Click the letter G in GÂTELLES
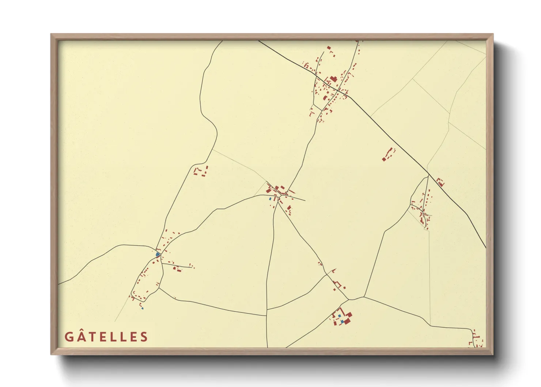point(69,337)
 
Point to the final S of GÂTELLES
point(144,337)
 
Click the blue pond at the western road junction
point(158,254)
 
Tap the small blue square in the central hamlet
point(270,199)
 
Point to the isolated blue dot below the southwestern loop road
point(142,308)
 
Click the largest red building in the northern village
point(333,79)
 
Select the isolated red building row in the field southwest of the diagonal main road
point(389,154)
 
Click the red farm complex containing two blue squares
point(342,318)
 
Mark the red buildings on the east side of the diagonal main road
point(440,182)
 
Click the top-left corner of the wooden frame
point(51,34)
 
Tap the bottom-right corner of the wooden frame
point(493,354)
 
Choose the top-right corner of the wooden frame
point(493,34)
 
